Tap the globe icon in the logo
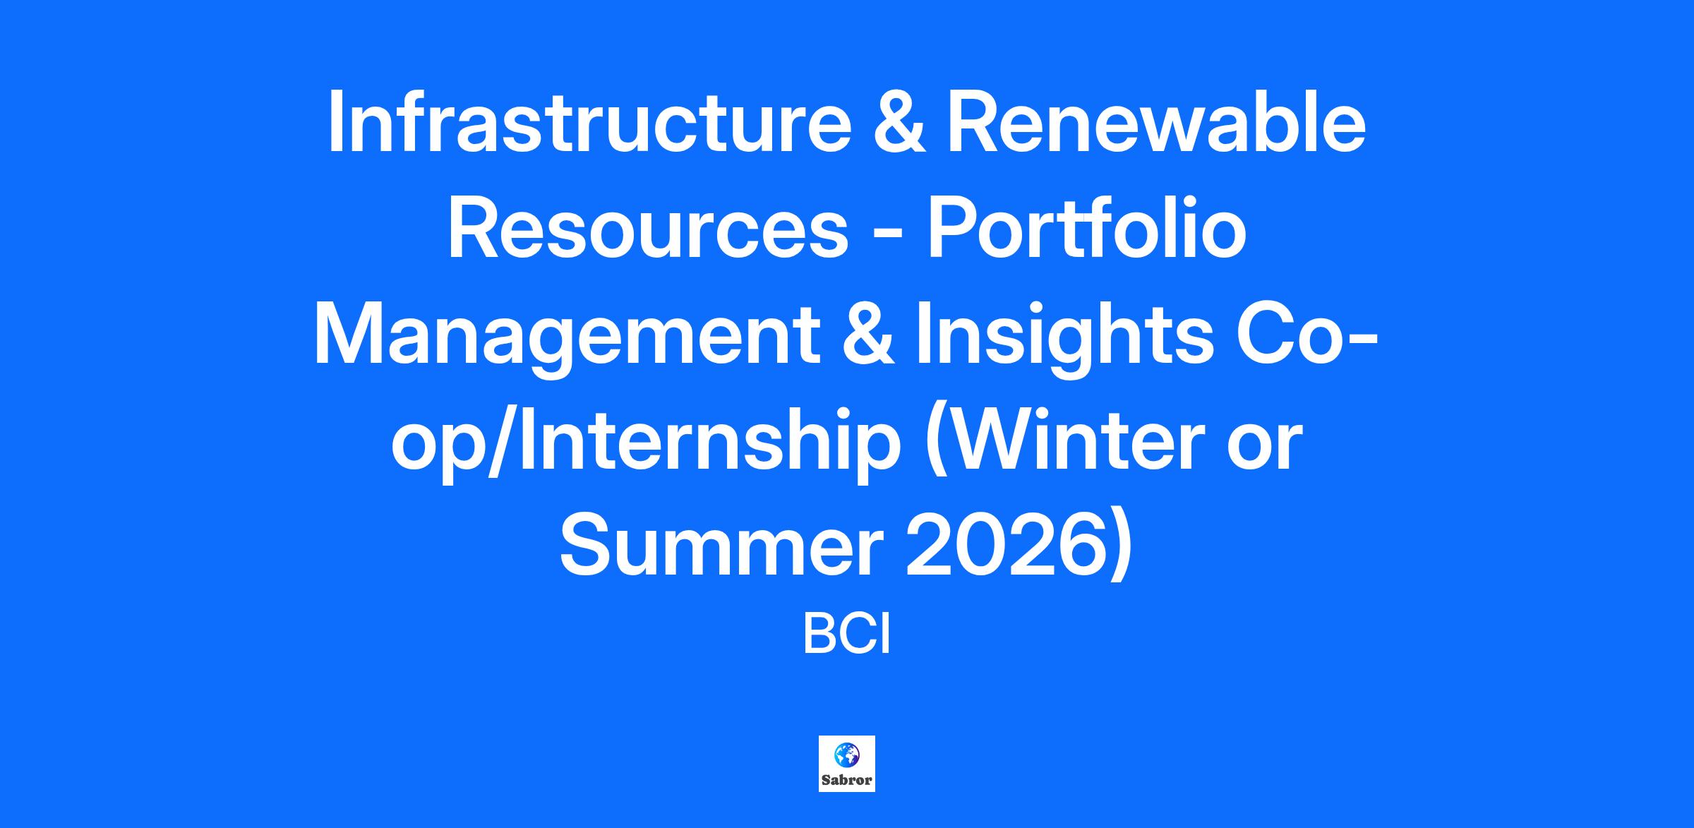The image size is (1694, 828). [x=847, y=756]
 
